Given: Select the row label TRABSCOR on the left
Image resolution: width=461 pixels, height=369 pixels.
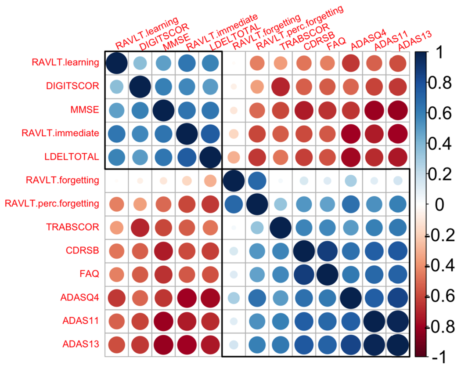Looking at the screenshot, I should [78, 228].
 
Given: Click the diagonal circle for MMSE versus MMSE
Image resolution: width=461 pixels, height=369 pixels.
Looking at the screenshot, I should [164, 109].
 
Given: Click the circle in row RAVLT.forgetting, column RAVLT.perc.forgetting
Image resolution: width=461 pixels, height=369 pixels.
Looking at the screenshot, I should [258, 181].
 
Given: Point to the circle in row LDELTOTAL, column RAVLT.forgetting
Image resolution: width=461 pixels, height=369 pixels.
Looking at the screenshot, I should [234, 157].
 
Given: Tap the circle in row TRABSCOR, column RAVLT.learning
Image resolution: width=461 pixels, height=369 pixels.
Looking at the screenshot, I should [116, 228].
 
